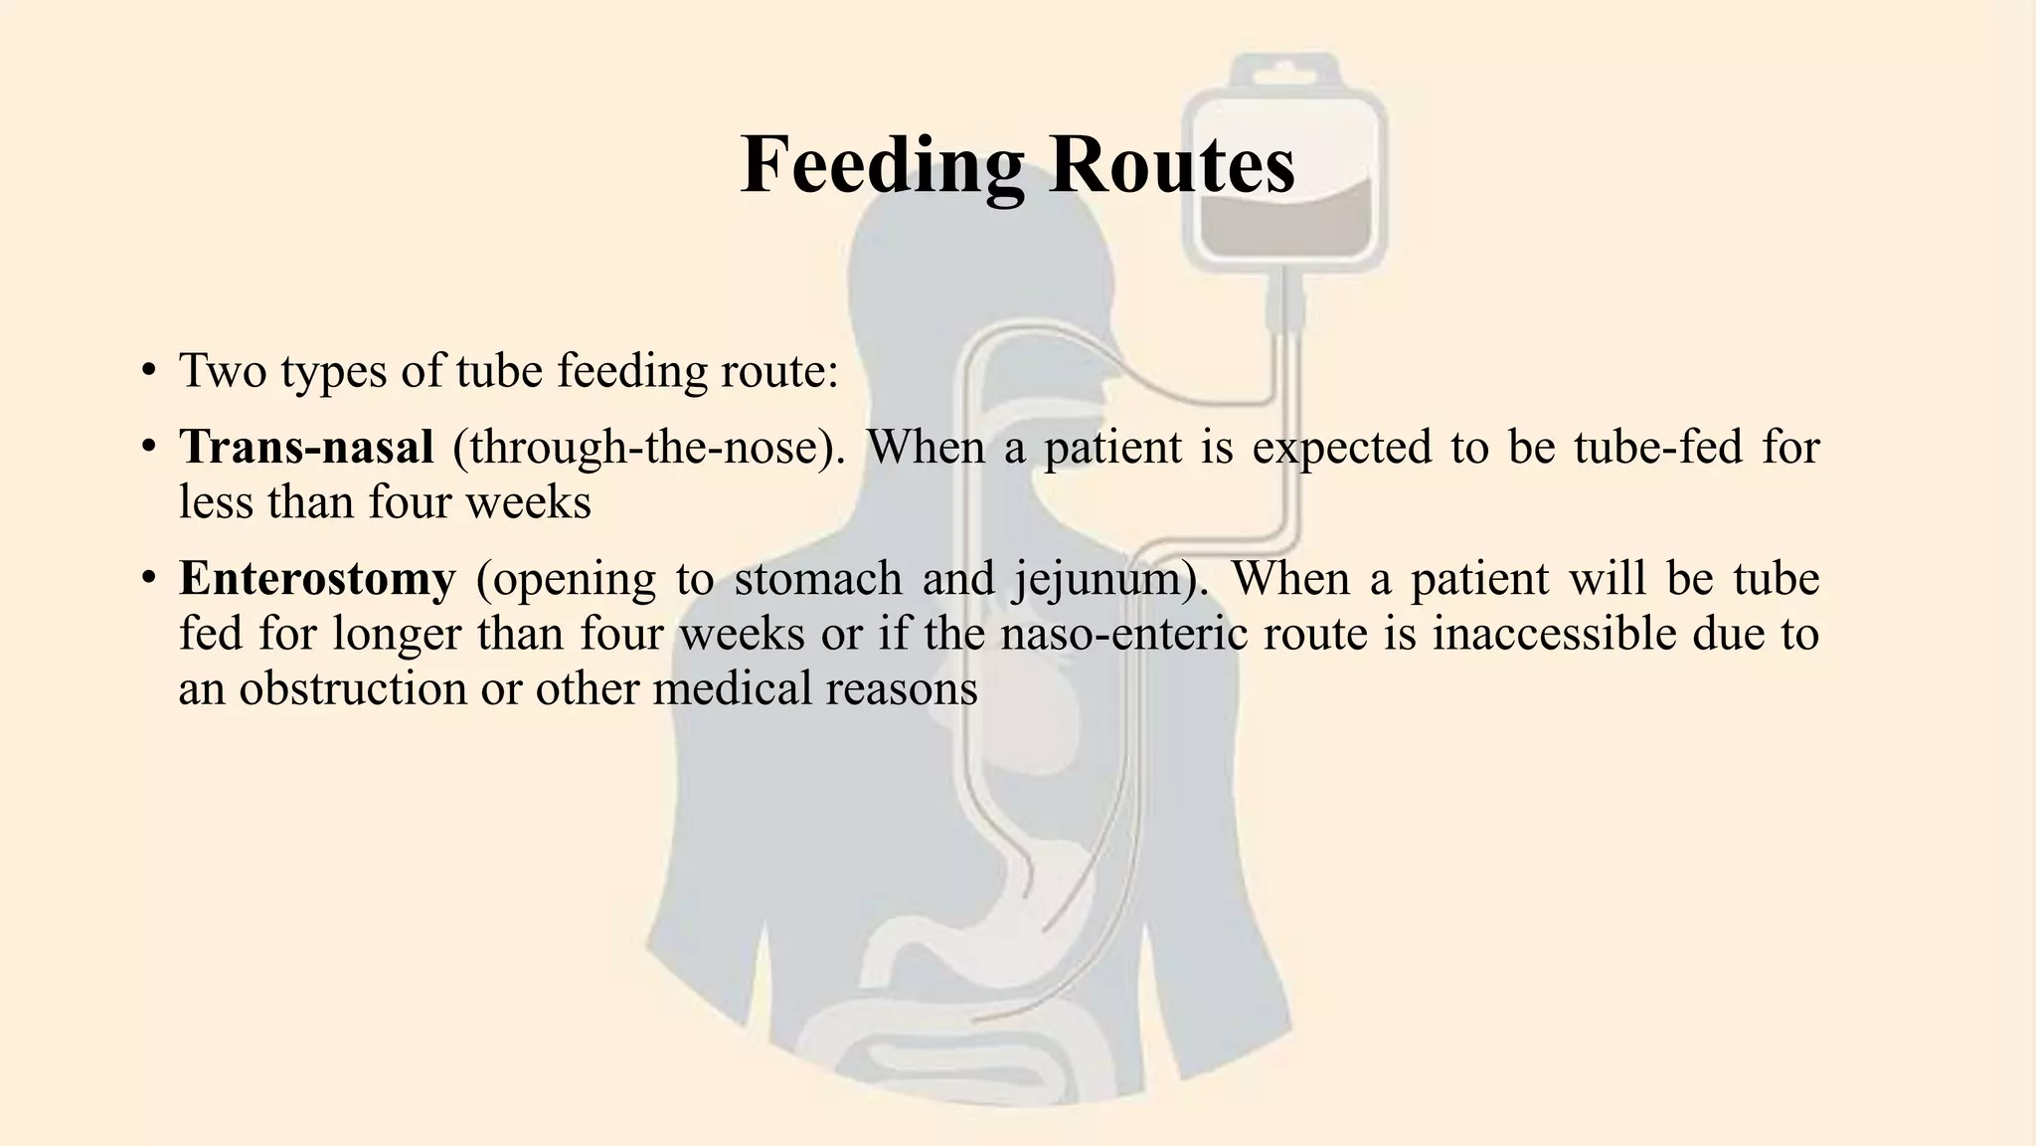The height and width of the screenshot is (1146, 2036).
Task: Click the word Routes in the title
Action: pyautogui.click(x=1172, y=164)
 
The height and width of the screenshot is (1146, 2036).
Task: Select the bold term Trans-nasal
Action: pyautogui.click(x=306, y=447)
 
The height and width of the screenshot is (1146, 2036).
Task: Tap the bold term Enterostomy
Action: pyautogui.click(x=317, y=578)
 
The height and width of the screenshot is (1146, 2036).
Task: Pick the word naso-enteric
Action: pyautogui.click(x=1123, y=634)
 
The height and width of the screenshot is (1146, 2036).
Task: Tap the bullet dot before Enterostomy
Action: pyautogui.click(x=148, y=580)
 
